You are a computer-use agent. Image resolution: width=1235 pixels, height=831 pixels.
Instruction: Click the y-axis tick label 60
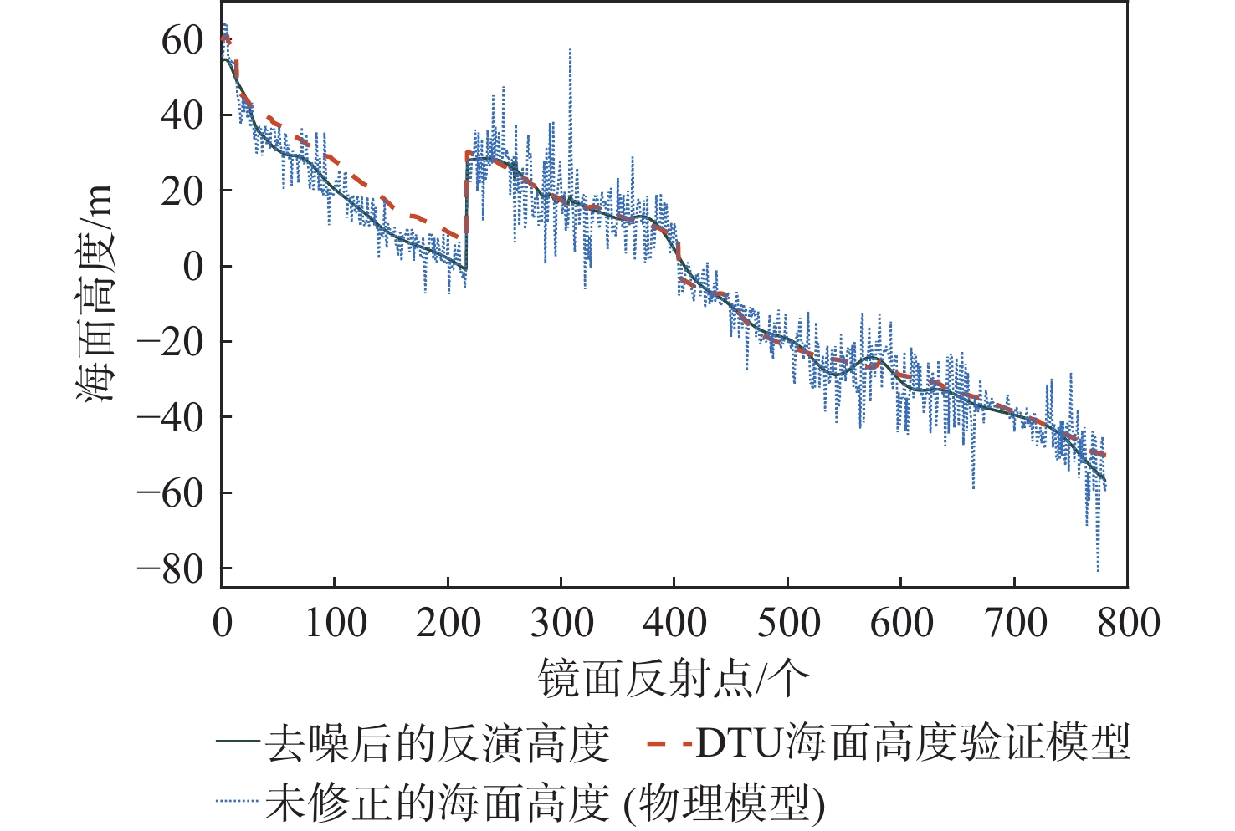(182, 39)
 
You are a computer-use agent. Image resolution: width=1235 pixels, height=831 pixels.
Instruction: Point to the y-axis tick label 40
(182, 115)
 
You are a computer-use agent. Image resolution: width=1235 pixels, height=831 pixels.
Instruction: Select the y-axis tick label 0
(193, 267)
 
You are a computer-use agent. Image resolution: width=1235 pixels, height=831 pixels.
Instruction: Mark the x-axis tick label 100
(335, 624)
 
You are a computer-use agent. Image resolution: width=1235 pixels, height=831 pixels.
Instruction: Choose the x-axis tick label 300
(561, 624)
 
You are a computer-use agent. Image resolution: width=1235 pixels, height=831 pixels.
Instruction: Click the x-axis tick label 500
(788, 624)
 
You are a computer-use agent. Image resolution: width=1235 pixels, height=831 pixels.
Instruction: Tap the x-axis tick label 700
(1015, 624)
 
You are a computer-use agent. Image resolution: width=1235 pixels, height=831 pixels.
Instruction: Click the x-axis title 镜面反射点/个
(674, 678)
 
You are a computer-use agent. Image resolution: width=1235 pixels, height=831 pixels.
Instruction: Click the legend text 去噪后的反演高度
(437, 743)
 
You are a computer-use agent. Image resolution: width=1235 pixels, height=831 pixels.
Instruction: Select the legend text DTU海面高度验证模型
(913, 743)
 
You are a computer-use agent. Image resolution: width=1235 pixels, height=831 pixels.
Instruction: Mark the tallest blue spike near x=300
(570, 50)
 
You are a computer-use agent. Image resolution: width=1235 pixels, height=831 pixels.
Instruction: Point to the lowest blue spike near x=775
(1098, 569)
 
